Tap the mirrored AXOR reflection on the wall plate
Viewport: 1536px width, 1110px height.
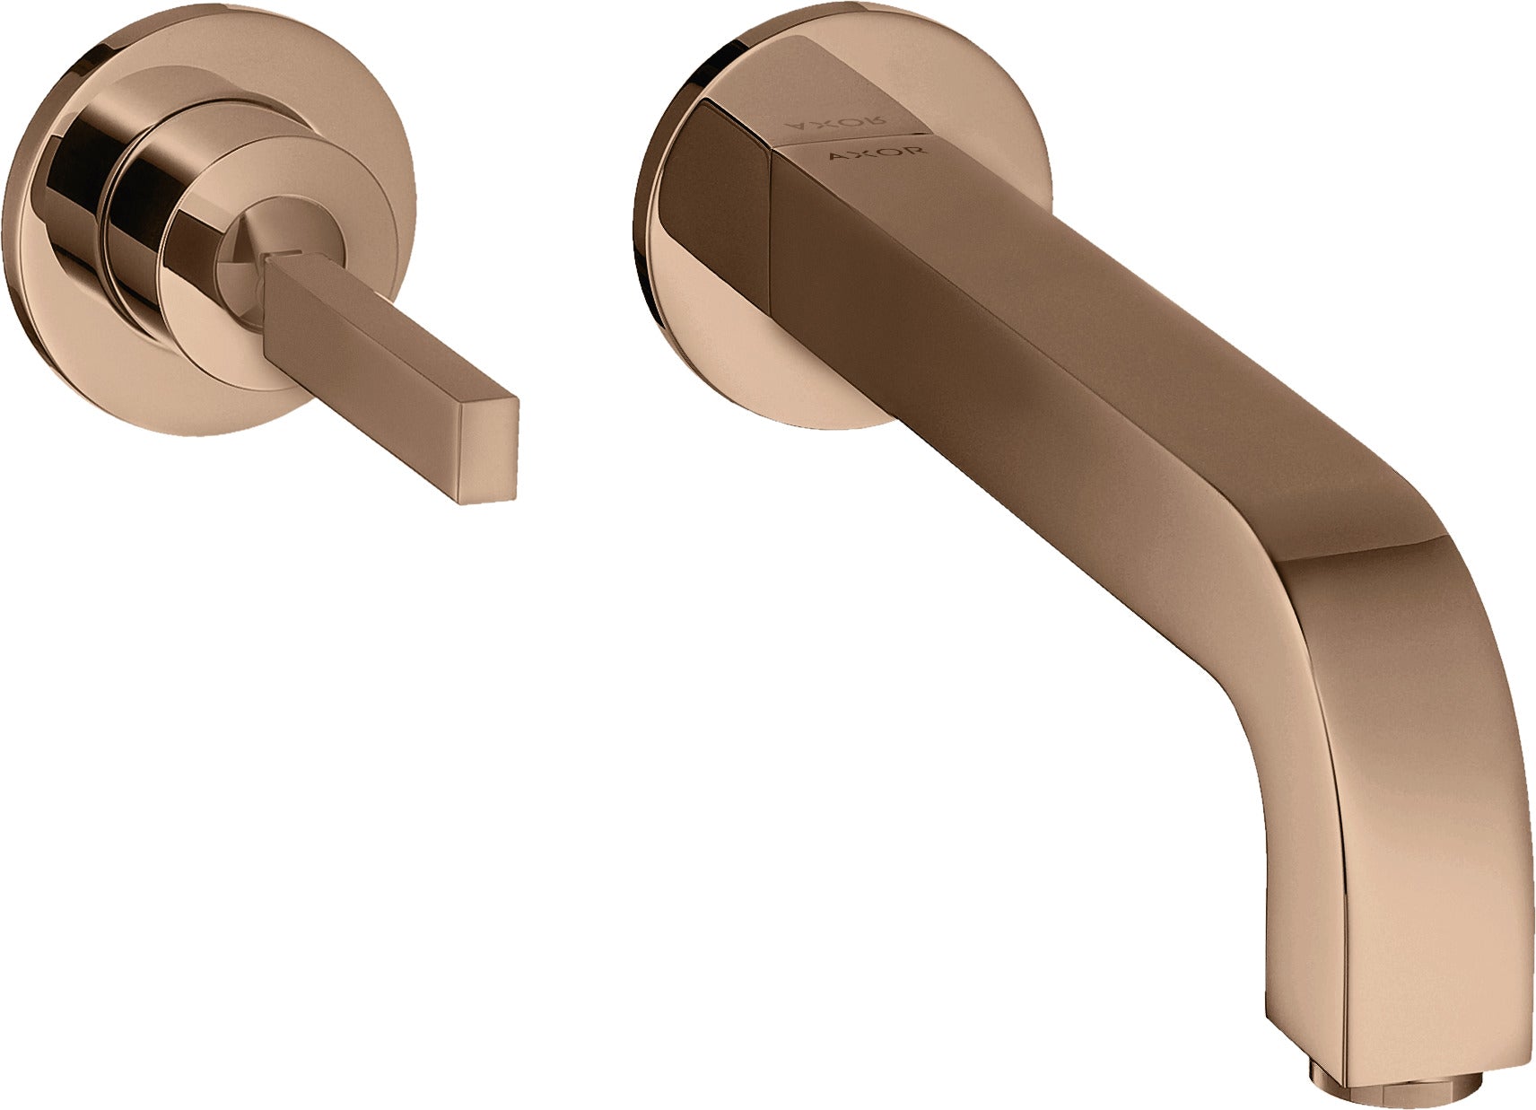tap(835, 119)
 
